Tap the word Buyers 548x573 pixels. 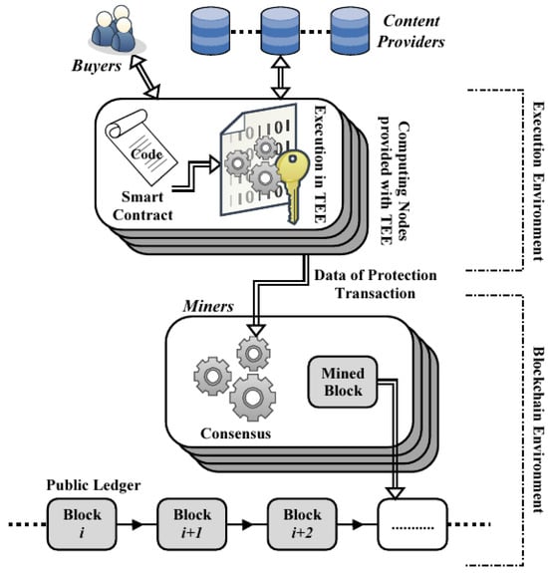[x=97, y=66]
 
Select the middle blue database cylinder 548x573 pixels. [x=280, y=31]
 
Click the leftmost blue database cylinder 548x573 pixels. [x=211, y=31]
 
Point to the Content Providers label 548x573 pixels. [x=411, y=31]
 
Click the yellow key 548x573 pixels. [x=292, y=184]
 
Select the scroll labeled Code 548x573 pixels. [x=140, y=148]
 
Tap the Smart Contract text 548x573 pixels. [x=142, y=205]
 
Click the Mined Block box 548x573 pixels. [x=343, y=382]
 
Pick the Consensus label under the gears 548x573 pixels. [x=235, y=433]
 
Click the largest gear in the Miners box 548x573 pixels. [x=252, y=398]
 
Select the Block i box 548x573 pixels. [x=82, y=524]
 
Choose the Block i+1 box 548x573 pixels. [x=191, y=524]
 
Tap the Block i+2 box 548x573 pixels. [x=302, y=524]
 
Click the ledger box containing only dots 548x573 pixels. [x=412, y=524]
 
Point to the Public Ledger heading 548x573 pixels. [x=94, y=485]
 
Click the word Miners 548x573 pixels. [x=208, y=306]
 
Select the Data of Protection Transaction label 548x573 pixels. [x=376, y=284]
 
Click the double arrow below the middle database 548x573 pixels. [x=280, y=77]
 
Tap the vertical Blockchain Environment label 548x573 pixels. [x=538, y=430]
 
